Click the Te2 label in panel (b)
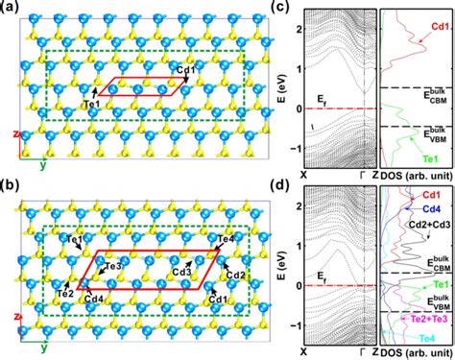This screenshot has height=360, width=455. point(65,291)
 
